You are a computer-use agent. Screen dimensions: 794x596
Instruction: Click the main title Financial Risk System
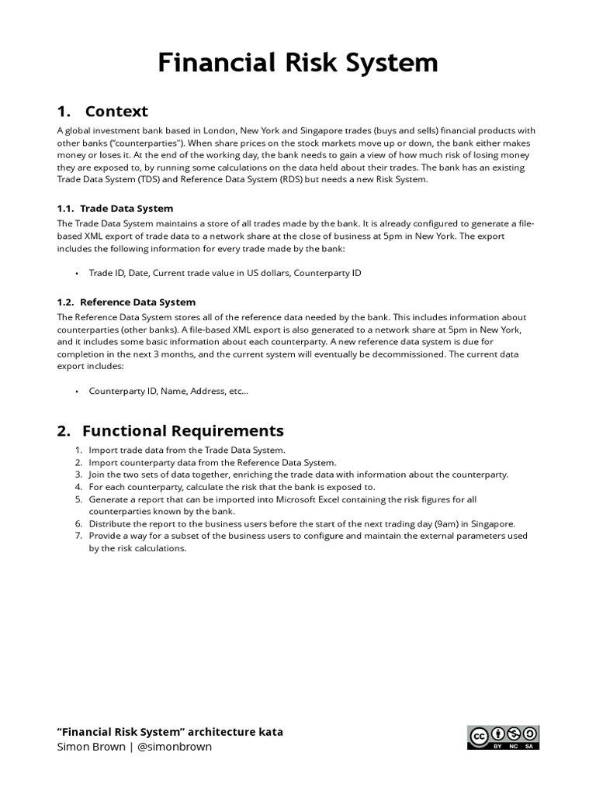298,63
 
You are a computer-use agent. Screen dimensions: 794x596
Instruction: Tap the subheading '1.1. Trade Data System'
116,208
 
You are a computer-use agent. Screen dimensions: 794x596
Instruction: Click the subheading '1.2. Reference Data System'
126,302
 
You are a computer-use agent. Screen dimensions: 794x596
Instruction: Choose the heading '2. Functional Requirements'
171,430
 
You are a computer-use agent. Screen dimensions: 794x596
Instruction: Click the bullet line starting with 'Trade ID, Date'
225,273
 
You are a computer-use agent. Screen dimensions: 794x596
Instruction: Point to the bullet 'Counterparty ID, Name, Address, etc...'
168,391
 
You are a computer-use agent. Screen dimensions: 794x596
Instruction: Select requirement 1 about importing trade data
187,450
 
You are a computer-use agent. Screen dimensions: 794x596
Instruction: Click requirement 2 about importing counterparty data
212,462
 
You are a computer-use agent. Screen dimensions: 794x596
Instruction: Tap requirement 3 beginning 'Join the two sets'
298,475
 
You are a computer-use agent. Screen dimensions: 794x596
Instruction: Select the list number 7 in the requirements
78,536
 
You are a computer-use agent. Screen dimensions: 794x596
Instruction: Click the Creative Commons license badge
503,737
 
